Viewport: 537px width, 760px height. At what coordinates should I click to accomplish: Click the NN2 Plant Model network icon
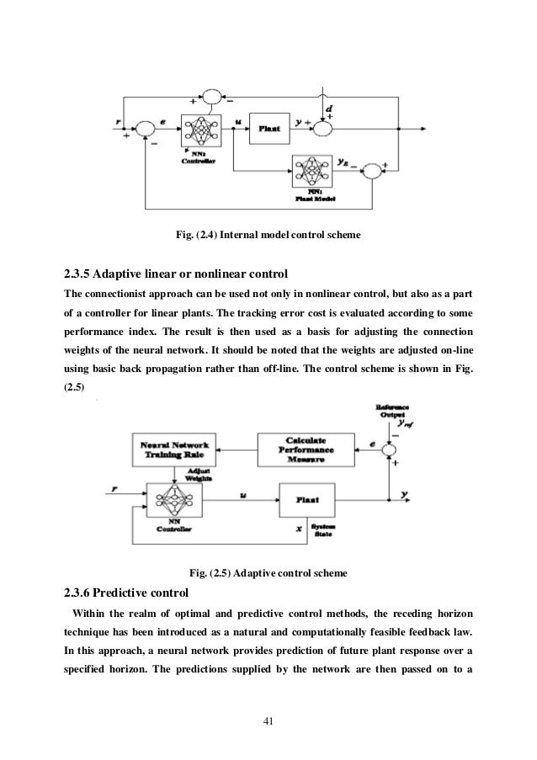coord(312,172)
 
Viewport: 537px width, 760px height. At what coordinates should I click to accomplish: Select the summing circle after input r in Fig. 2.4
coord(145,128)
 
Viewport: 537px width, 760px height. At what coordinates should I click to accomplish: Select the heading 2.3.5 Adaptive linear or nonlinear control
coord(176,274)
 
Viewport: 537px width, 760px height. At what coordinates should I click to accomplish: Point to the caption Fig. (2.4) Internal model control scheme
coord(268,233)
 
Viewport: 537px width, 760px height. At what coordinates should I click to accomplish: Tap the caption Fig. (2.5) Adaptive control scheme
coord(268,574)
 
